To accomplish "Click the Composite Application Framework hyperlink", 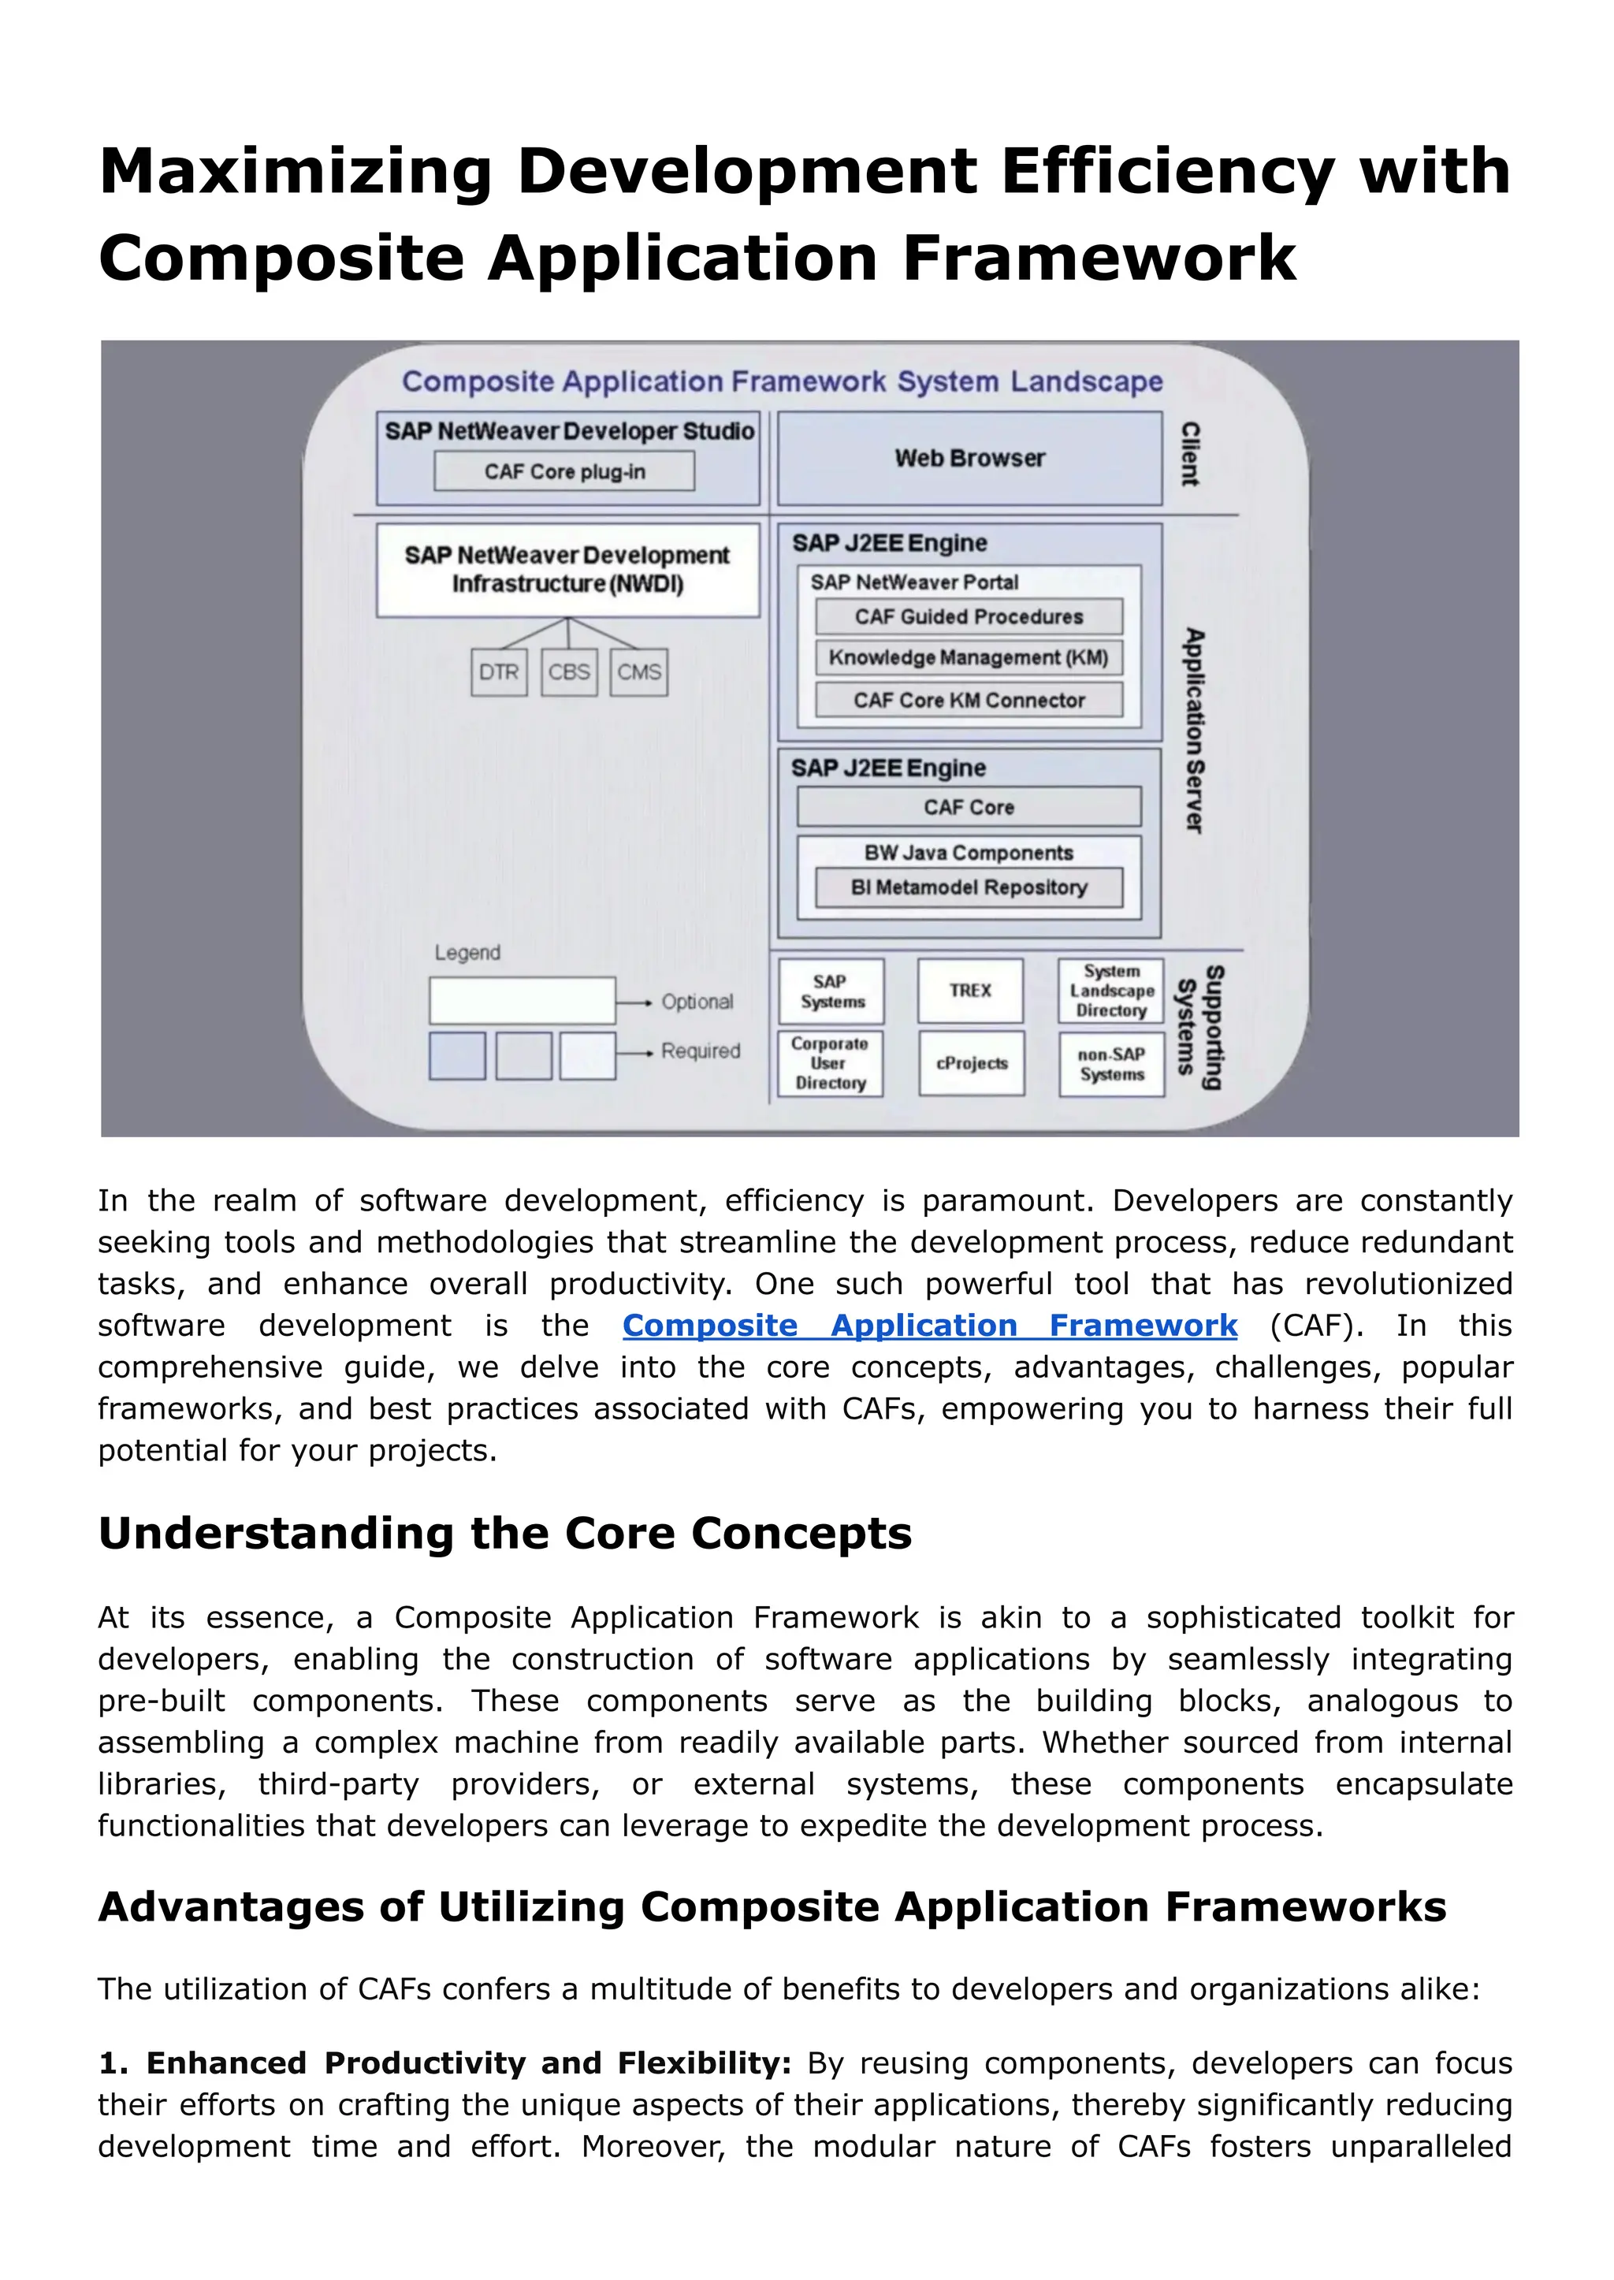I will click(929, 1326).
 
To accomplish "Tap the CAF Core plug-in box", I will click(564, 471).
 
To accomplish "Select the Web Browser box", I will click(969, 458).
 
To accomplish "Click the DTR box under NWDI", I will click(499, 672).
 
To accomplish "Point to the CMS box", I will click(638, 672).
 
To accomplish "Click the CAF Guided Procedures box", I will click(969, 616).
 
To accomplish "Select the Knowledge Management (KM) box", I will click(969, 658).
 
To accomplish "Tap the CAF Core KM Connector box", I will click(969, 700).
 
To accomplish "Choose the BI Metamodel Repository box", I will click(969, 887).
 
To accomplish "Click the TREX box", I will click(970, 991).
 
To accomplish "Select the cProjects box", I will click(971, 1063).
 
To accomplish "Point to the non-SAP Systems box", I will click(1111, 1065).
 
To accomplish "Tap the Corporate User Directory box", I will click(830, 1063).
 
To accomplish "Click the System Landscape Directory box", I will click(1111, 991).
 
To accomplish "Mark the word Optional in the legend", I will click(697, 1002).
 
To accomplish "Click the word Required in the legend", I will click(701, 1051).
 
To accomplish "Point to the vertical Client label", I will click(1190, 454).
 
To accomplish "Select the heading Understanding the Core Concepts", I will click(505, 1534).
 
